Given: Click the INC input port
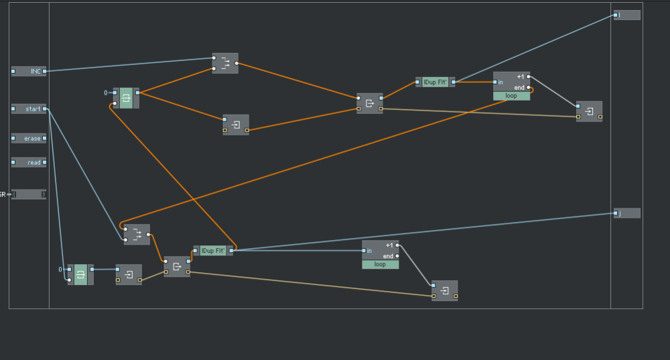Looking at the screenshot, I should pyautogui.click(x=29, y=71).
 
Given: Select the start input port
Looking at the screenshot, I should pyautogui.click(x=29, y=109).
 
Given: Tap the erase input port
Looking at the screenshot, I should pyautogui.click(x=29, y=138).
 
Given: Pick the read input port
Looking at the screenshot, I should pyautogui.click(x=29, y=162).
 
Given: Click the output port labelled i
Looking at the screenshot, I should pyautogui.click(x=626, y=15).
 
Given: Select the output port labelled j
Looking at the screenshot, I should pyautogui.click(x=626, y=213).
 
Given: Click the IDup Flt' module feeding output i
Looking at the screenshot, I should pyautogui.click(x=435, y=82).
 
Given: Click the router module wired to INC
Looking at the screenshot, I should pyautogui.click(x=225, y=64).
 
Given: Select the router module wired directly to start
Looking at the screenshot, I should pyautogui.click(x=137, y=234).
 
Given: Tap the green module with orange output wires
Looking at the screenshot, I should pyautogui.click(x=126, y=98).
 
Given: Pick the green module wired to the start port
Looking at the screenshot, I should pyautogui.click(x=80, y=274).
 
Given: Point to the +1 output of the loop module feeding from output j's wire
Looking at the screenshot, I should pyautogui.click(x=397, y=245).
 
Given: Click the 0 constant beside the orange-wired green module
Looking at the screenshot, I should pyautogui.click(x=106, y=93).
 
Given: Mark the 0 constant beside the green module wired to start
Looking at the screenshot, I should pyautogui.click(x=60, y=269).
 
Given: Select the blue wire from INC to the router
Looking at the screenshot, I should pyautogui.click(x=127, y=64).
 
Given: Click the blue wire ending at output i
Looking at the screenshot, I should pyautogui.click(x=536, y=47).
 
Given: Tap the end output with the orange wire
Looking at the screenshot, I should pyautogui.click(x=528, y=87).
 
